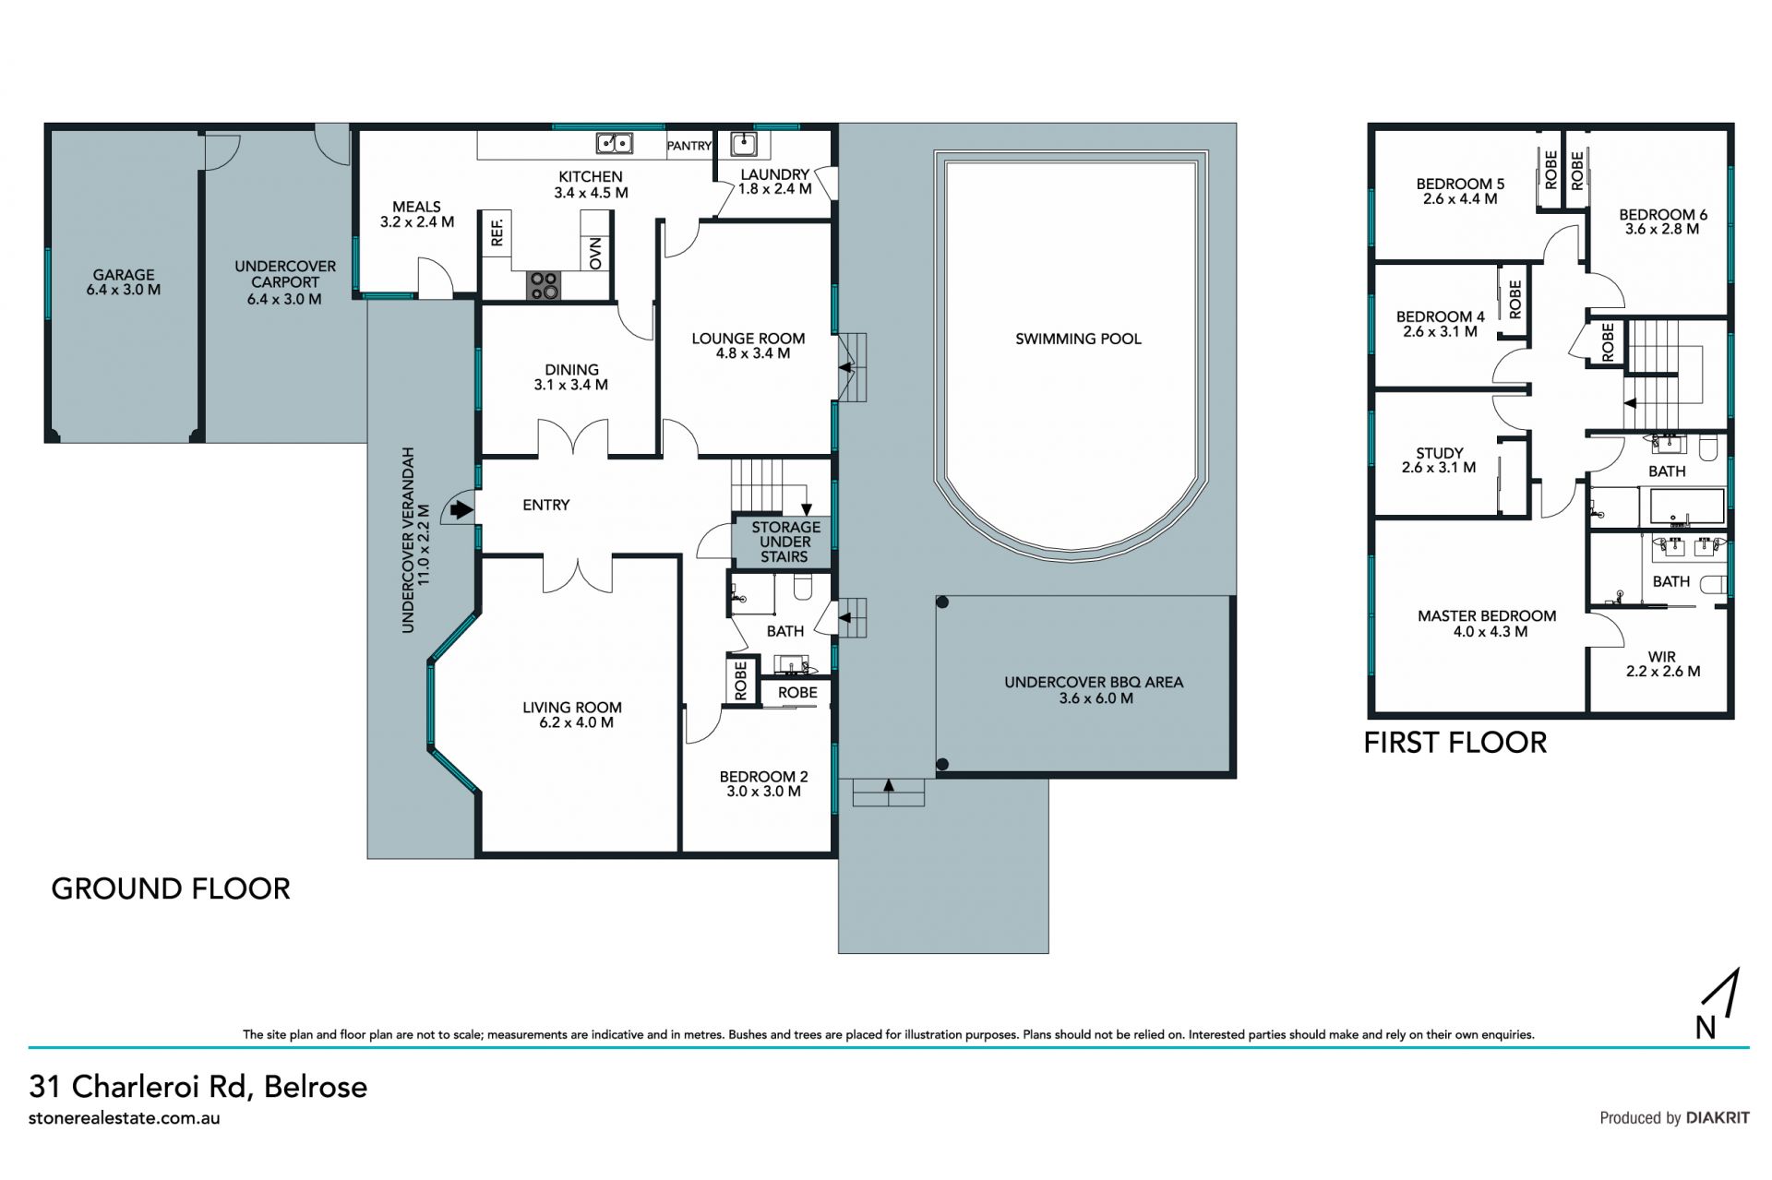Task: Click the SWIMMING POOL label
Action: coord(1078,340)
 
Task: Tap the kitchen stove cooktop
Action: coord(544,285)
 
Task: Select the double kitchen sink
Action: coord(614,143)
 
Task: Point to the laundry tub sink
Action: coord(744,144)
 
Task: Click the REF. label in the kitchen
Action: coord(497,231)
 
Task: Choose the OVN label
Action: coord(595,252)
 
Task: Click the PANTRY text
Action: coord(689,146)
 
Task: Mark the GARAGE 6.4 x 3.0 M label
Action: coord(124,282)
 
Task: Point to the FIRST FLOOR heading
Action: coord(1455,743)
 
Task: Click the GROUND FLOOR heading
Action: coord(171,888)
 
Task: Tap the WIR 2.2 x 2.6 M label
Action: coord(1663,664)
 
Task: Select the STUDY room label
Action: coord(1439,460)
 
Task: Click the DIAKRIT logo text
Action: coord(1718,1118)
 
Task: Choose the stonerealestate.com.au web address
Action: coord(125,1118)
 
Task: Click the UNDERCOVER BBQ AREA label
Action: coord(1094,690)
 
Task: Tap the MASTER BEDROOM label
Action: coord(1487,624)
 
